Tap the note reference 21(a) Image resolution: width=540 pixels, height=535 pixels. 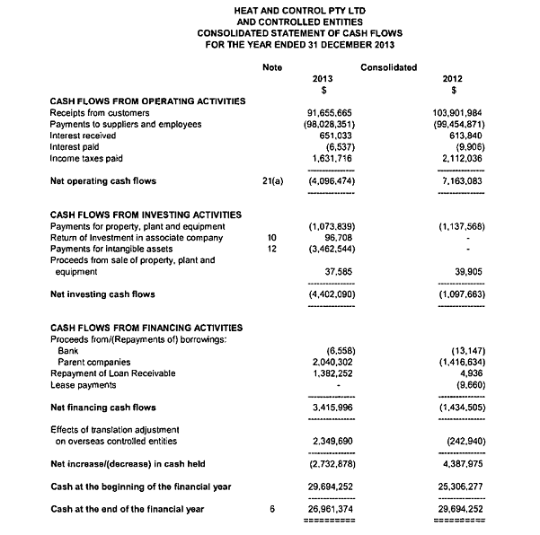(x=270, y=181)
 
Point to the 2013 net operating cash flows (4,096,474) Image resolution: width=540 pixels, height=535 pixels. (x=330, y=181)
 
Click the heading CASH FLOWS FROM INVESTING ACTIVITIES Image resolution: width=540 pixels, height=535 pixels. (x=146, y=215)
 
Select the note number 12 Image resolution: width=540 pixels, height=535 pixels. (x=270, y=249)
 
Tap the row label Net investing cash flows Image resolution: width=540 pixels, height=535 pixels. (x=102, y=294)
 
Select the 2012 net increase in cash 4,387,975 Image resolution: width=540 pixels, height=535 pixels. (x=460, y=463)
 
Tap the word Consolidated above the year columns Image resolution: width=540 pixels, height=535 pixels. (x=388, y=66)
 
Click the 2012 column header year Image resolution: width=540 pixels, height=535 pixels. (x=455, y=78)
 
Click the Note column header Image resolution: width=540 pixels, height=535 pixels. (x=270, y=66)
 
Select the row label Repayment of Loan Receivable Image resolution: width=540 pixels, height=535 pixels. (x=112, y=373)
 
